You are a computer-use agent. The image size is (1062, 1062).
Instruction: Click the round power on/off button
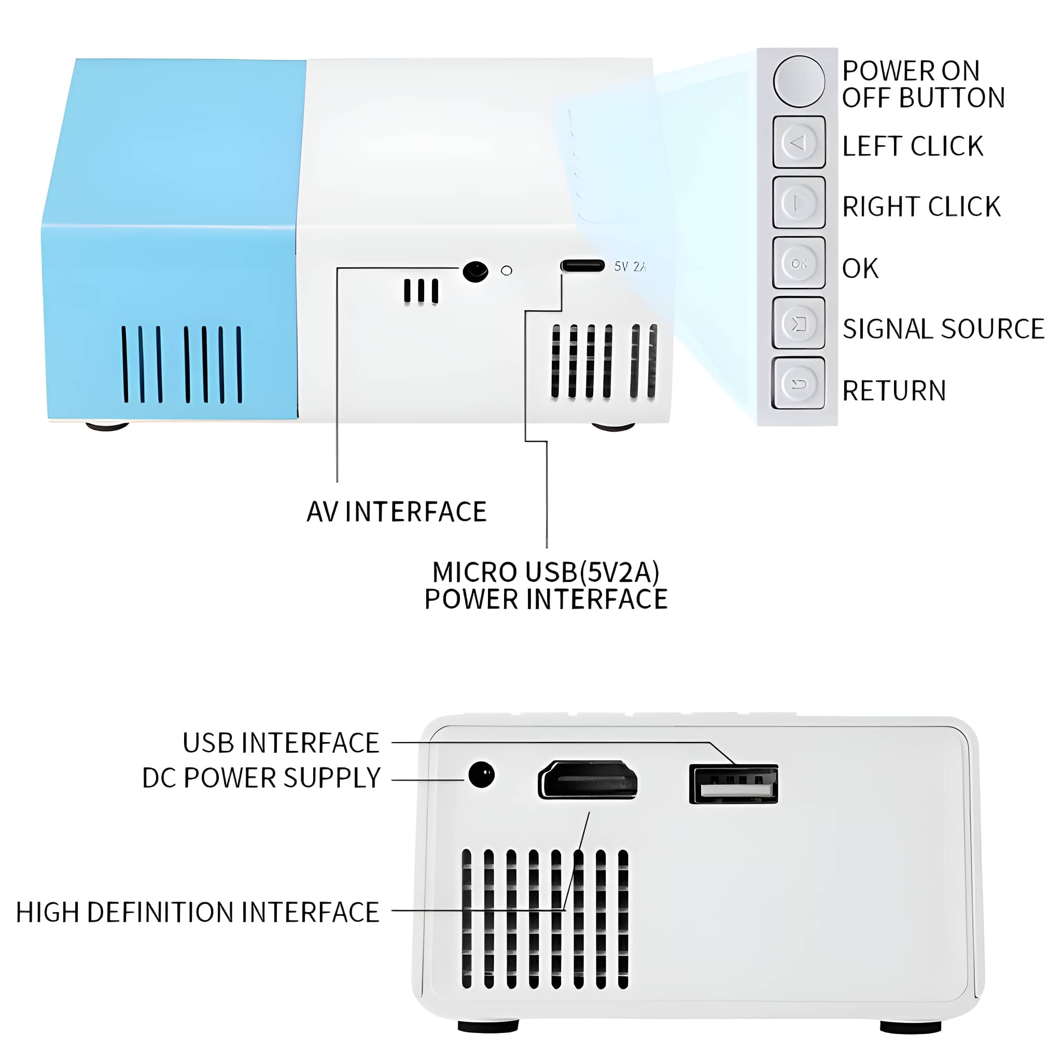[x=799, y=81]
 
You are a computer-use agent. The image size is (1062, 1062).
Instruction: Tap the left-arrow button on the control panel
[x=799, y=142]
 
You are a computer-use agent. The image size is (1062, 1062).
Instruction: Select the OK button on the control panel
[x=799, y=263]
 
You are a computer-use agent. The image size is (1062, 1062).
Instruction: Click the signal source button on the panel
[x=798, y=323]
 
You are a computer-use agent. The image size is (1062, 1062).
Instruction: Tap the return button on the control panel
[x=798, y=383]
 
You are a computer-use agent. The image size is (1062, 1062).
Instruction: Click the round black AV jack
[x=476, y=272]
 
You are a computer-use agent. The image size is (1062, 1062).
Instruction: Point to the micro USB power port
[x=582, y=266]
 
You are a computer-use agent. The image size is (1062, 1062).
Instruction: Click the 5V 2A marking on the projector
[x=630, y=267]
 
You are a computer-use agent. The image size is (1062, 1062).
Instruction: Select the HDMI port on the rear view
[x=588, y=780]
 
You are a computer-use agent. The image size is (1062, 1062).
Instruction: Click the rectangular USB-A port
[x=733, y=784]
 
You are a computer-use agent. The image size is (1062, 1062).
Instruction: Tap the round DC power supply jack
[x=482, y=775]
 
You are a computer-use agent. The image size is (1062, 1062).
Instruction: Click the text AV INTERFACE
[x=396, y=512]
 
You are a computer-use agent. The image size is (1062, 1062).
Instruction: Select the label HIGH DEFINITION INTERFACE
[x=198, y=912]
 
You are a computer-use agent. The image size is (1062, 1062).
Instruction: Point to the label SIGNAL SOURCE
[x=943, y=329]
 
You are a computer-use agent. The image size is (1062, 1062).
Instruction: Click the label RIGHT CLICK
[x=921, y=207]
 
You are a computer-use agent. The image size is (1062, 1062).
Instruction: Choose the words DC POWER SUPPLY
[x=261, y=778]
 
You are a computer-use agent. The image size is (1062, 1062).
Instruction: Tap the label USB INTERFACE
[x=281, y=743]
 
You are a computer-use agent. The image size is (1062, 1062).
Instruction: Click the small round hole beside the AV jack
[x=507, y=271]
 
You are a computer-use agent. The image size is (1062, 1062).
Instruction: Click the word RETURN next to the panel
[x=894, y=391]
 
